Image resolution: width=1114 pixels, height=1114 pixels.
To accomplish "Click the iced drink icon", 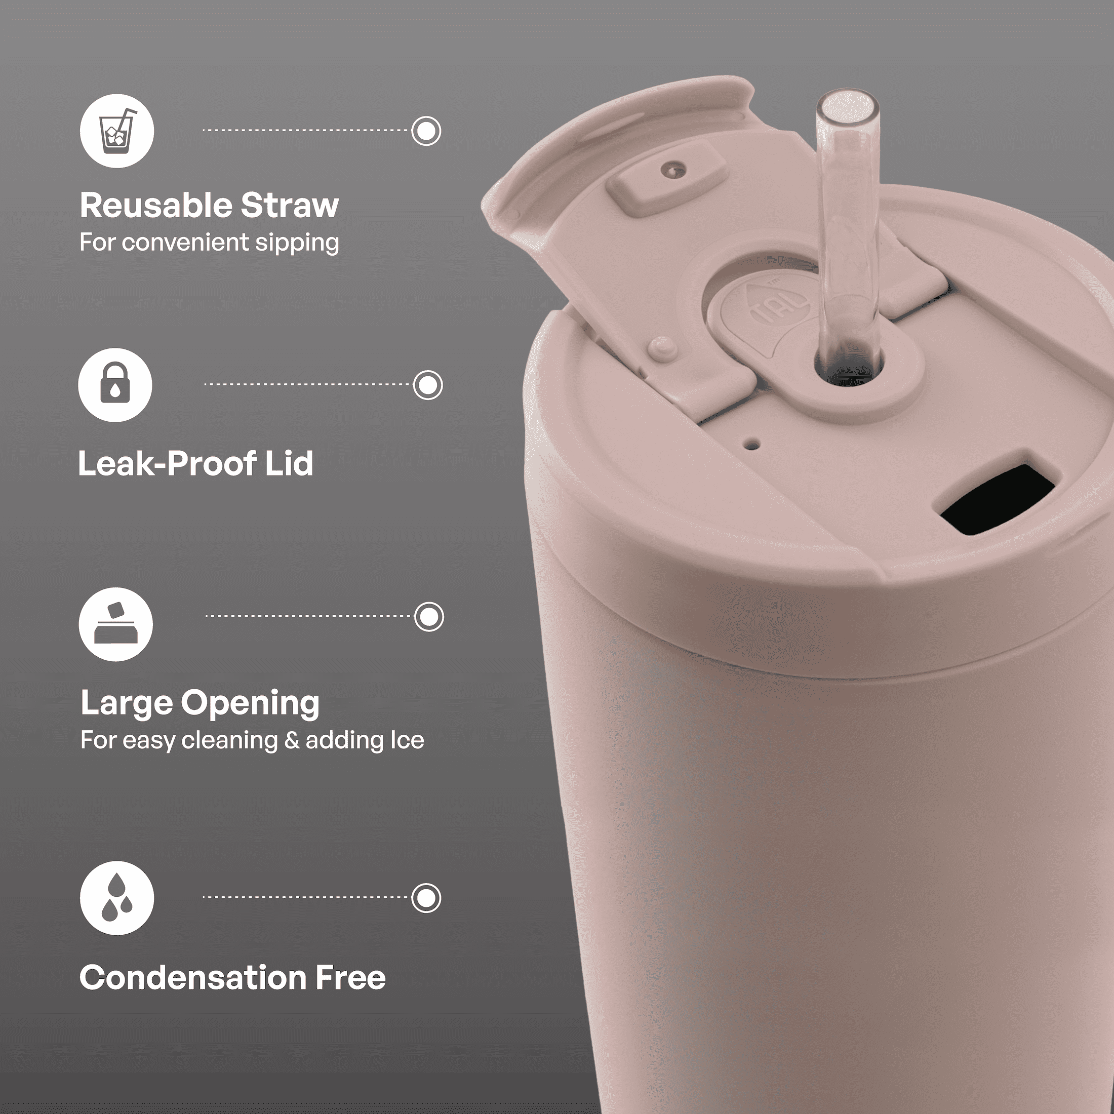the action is point(117,131).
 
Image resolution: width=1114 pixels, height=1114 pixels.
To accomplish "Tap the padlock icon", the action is point(115,385).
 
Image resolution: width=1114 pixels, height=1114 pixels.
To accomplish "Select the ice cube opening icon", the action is point(116,624).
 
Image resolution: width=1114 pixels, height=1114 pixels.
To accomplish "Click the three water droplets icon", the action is point(117,898).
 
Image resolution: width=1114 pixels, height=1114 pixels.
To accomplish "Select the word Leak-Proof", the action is point(167,464).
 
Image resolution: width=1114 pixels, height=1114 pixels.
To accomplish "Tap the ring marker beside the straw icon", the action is point(426,131).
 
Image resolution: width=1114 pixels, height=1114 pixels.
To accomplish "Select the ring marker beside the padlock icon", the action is point(428,385).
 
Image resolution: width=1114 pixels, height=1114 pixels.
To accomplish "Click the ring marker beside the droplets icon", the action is point(426,898).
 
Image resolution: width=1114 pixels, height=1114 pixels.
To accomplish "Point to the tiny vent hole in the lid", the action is point(752,445).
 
